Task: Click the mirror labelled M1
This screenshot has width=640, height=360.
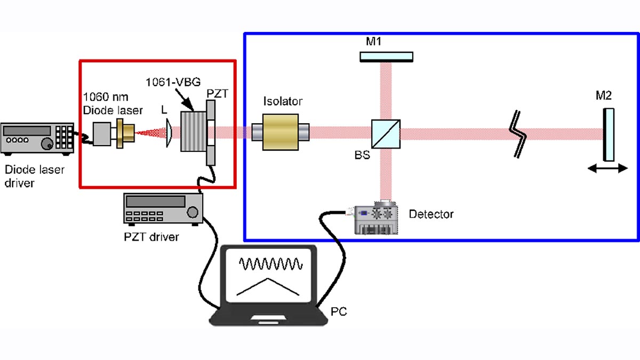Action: point(387,57)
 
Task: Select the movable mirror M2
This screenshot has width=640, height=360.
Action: point(609,134)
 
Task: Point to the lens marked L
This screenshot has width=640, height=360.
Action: point(169,132)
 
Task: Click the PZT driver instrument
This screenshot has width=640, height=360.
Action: point(163,208)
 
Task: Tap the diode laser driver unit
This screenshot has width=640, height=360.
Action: point(37,138)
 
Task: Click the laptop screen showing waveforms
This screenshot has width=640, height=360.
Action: point(270,275)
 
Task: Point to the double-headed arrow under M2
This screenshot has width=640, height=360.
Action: point(608,169)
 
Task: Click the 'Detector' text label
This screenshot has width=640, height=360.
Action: point(431,214)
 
